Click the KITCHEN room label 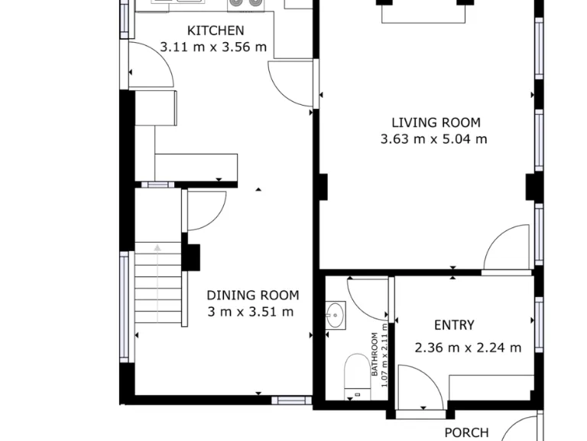pyautogui.click(x=216, y=31)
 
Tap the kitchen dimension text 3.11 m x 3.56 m pyautogui.click(x=213, y=47)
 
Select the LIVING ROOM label pyautogui.click(x=436, y=122)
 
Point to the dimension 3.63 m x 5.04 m pyautogui.click(x=433, y=139)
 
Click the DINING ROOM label pyautogui.click(x=253, y=295)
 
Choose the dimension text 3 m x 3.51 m pyautogui.click(x=250, y=312)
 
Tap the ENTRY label pyautogui.click(x=454, y=325)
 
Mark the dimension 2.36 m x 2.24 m pyautogui.click(x=468, y=348)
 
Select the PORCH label pyautogui.click(x=466, y=433)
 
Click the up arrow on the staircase pyautogui.click(x=157, y=248)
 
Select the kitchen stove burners pyautogui.click(x=245, y=4)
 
